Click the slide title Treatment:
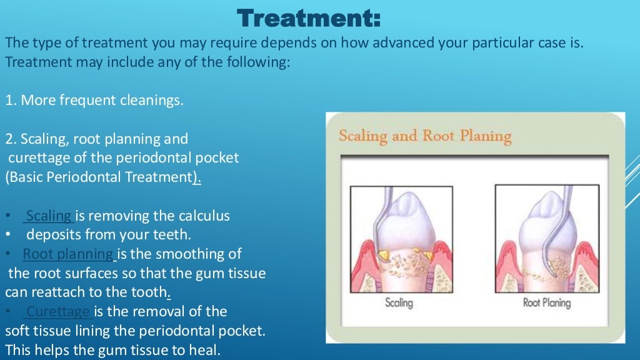click(309, 18)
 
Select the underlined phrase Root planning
click(68, 254)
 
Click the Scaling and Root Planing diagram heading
click(425, 136)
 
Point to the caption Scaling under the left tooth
click(399, 303)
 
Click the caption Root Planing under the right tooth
click(547, 303)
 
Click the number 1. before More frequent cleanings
click(11, 101)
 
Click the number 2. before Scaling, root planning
click(11, 139)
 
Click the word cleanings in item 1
click(155, 101)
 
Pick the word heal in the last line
click(206, 350)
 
